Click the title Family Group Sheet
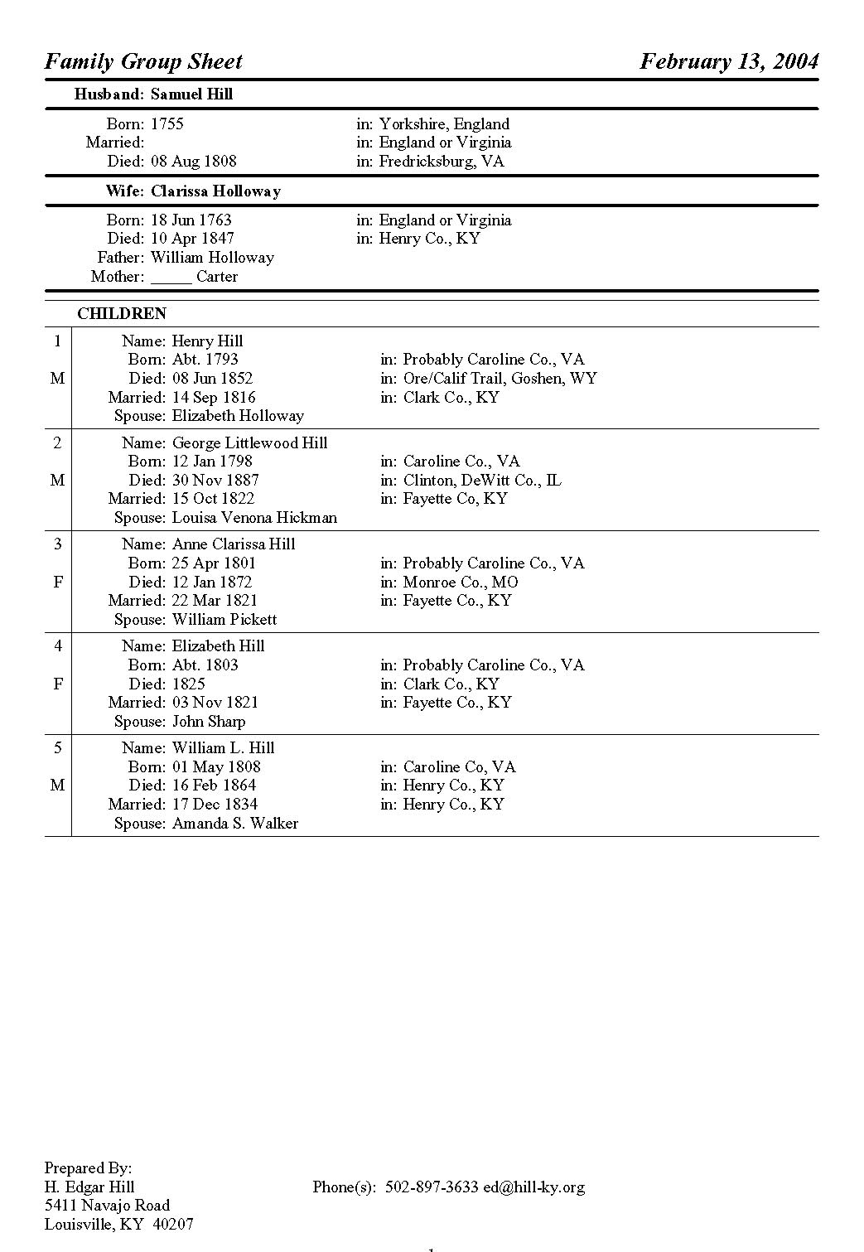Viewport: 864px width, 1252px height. [x=143, y=61]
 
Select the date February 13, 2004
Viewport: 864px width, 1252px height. [x=729, y=61]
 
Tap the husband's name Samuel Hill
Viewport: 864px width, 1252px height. [x=191, y=94]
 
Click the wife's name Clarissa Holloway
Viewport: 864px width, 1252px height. [x=215, y=191]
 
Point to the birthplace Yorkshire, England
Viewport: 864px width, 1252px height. [x=444, y=124]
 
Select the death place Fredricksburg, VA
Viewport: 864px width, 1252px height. [x=441, y=162]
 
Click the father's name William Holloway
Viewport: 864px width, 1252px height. [x=212, y=258]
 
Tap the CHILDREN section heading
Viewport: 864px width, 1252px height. [x=122, y=314]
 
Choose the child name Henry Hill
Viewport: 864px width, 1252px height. [x=207, y=341]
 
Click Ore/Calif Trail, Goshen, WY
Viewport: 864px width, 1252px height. [x=500, y=379]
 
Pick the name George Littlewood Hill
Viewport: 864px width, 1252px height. [x=249, y=443]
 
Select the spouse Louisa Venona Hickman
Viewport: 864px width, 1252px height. [x=254, y=518]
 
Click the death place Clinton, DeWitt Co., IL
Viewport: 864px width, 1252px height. [x=482, y=481]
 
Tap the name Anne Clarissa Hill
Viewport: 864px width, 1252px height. [x=234, y=544]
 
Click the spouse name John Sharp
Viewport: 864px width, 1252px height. [x=209, y=722]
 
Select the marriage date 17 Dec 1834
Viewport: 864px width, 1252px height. [x=215, y=805]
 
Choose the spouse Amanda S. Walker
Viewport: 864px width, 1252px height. [x=235, y=824]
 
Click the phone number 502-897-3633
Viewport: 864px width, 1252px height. [x=432, y=1187]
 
